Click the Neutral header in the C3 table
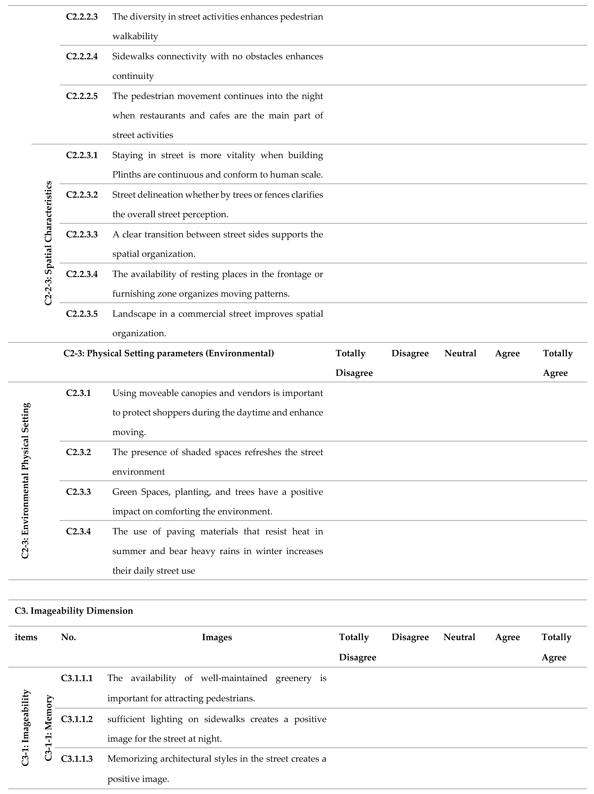pyautogui.click(x=459, y=637)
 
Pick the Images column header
pyautogui.click(x=217, y=637)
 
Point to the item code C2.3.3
pyautogui.click(x=78, y=492)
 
